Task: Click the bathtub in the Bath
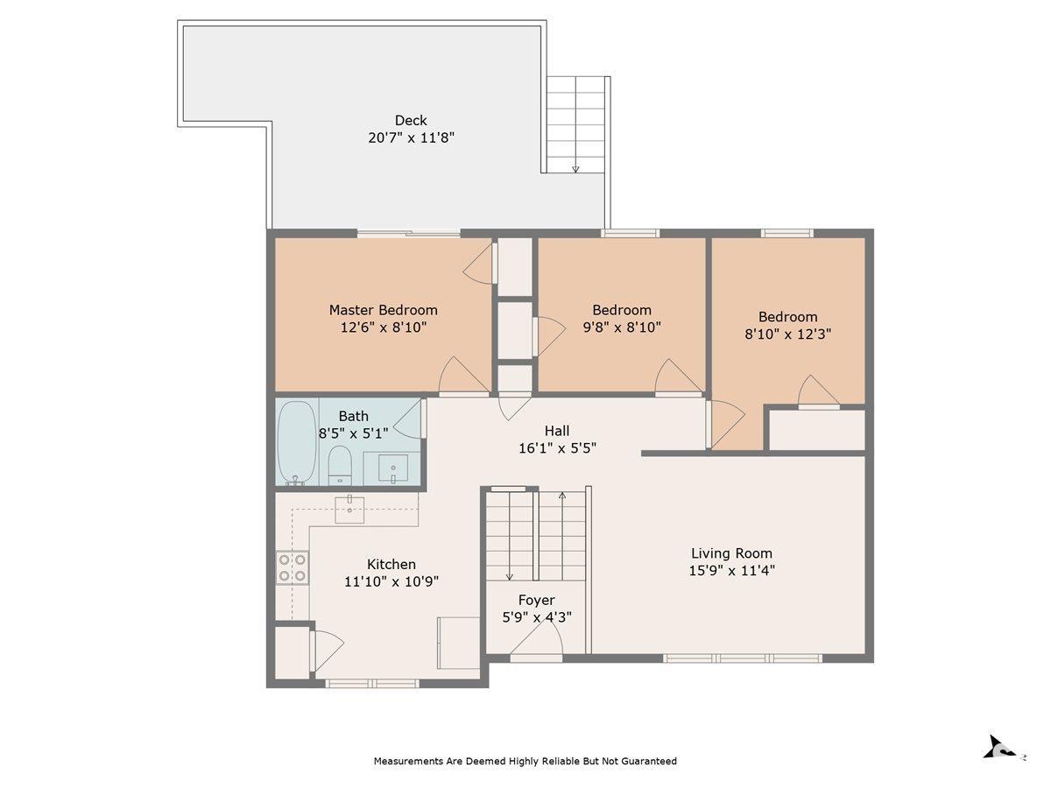tap(296, 442)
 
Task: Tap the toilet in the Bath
tap(340, 465)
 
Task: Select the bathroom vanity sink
tap(393, 468)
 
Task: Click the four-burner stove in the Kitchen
tap(292, 567)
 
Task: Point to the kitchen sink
tap(349, 510)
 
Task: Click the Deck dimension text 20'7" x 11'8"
tap(411, 137)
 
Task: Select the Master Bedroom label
tap(383, 310)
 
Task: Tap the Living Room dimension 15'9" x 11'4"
tap(731, 570)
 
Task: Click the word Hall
tap(557, 431)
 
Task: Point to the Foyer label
tap(536, 600)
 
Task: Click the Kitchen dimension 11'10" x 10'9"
tap(391, 581)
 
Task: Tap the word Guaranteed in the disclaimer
tap(648, 761)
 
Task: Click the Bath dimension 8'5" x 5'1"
tap(353, 433)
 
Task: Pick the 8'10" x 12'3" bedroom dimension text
tap(787, 334)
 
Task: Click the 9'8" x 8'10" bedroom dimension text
tap(622, 327)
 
